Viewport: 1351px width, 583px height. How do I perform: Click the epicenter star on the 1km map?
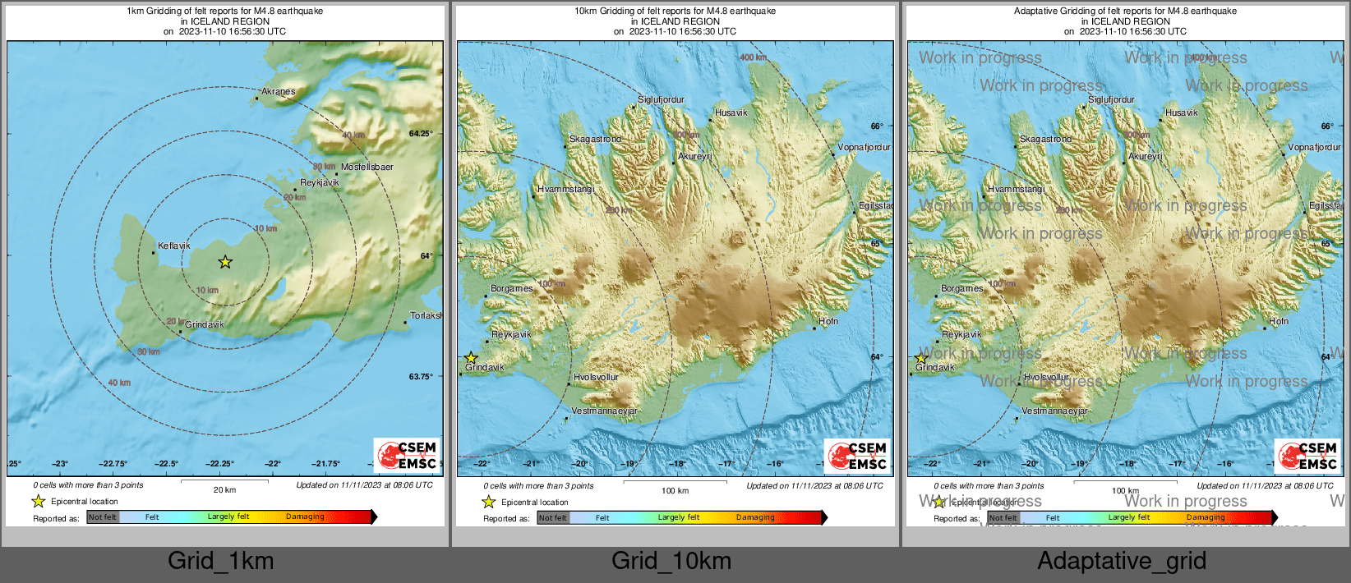pos(225,262)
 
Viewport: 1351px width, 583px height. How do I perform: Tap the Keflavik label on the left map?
pos(173,246)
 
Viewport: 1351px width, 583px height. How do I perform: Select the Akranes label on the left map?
pos(278,91)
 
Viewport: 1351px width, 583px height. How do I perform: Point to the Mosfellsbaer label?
pos(367,167)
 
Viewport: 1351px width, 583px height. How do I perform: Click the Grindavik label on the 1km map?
pos(204,324)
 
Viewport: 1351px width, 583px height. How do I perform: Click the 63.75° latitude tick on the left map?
pos(420,376)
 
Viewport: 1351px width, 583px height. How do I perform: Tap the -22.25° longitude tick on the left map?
pos(219,464)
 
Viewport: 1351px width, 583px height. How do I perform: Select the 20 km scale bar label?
pos(224,489)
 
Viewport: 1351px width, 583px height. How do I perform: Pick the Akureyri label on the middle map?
pos(694,156)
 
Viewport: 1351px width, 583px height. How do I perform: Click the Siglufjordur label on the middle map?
pos(661,99)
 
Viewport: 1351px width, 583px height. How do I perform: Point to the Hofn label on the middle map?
pos(828,321)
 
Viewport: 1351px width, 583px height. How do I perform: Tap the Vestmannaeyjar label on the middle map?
pos(604,411)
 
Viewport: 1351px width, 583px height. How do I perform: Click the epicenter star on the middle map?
pos(471,358)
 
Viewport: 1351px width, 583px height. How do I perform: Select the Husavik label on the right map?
pos(1181,112)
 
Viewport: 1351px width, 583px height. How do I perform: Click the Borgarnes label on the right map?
pos(961,288)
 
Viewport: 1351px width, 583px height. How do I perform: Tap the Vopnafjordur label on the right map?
pos(1314,147)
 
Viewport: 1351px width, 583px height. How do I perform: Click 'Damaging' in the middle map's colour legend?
pos(755,517)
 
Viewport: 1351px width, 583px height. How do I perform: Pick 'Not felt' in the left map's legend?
pos(103,516)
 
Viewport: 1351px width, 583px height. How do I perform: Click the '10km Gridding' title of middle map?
pos(675,11)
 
